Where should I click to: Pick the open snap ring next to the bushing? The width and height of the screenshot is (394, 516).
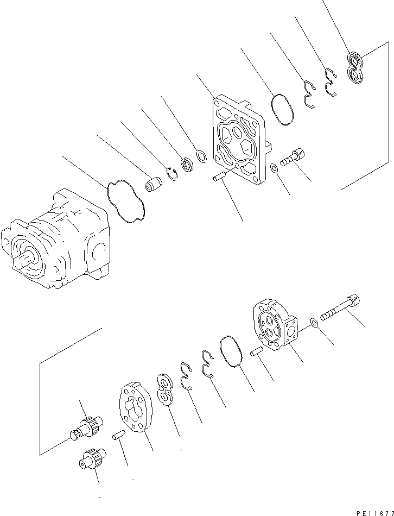pos(173,174)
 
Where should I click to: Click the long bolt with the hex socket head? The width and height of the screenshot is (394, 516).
pos(340,309)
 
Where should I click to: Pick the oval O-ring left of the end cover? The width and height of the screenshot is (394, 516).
pos(231,353)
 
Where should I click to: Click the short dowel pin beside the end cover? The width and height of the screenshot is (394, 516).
pos(257,353)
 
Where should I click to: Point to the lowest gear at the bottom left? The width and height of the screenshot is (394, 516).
pos(92,458)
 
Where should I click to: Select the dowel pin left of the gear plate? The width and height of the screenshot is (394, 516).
pos(119,435)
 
